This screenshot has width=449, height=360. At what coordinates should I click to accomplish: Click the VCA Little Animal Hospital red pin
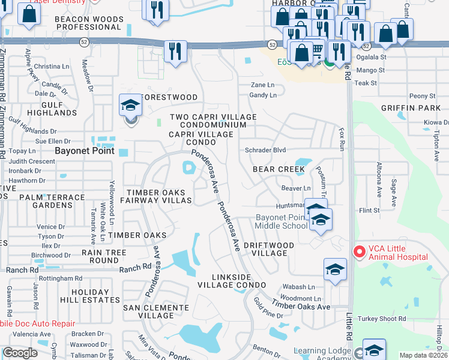pyautogui.click(x=358, y=251)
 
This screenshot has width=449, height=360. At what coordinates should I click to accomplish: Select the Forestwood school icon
pyautogui.click(x=130, y=106)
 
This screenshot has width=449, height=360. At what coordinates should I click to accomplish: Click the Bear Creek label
pyautogui.click(x=279, y=169)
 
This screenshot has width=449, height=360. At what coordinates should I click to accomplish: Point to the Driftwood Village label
pyautogui.click(x=269, y=249)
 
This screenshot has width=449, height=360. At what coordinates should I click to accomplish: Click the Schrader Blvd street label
pyautogui.click(x=265, y=150)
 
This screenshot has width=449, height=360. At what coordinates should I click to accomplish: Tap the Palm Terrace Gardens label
pyautogui.click(x=52, y=201)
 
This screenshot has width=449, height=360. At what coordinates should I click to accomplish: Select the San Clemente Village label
pyautogui.click(x=156, y=311)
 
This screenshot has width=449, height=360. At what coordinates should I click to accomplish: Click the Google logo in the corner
pyautogui.click(x=20, y=353)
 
